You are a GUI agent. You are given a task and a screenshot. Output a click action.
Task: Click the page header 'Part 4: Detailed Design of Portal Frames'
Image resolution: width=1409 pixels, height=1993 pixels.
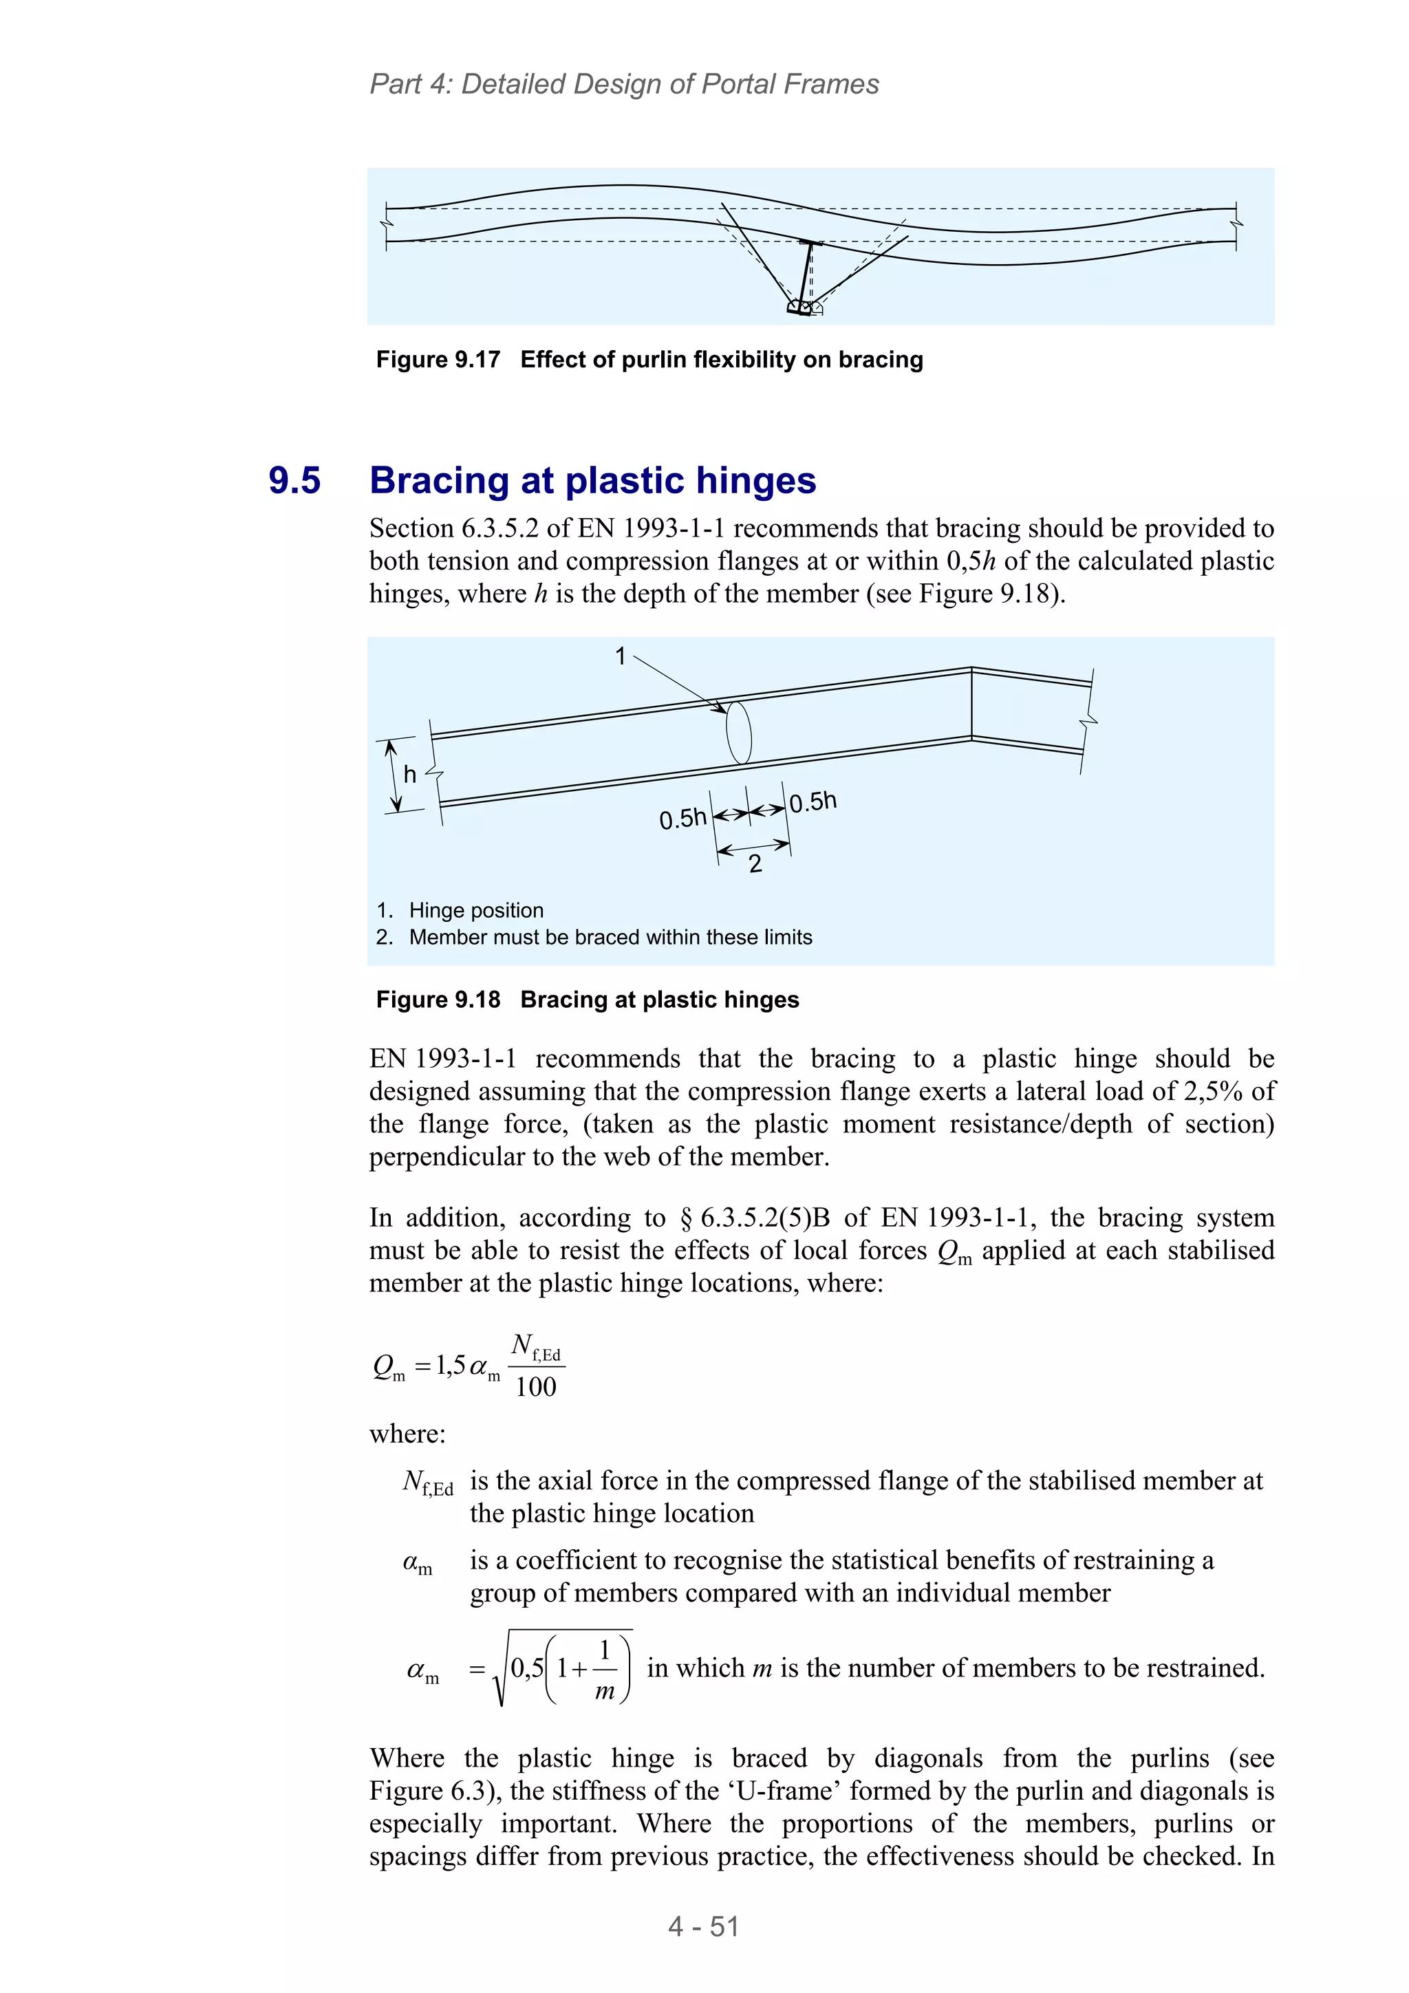click(x=623, y=84)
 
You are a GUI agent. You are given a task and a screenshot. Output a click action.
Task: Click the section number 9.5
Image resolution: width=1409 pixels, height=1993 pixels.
click(x=294, y=480)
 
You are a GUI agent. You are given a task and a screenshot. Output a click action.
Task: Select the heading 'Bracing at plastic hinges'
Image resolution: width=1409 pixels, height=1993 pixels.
click(x=592, y=480)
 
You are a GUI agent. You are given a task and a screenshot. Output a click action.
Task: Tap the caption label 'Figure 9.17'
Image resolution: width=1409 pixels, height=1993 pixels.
click(x=438, y=359)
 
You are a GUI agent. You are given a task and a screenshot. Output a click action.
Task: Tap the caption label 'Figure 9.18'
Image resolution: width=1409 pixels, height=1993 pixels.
click(x=438, y=999)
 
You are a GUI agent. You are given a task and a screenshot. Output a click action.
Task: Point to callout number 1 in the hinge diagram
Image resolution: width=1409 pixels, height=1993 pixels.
click(x=620, y=656)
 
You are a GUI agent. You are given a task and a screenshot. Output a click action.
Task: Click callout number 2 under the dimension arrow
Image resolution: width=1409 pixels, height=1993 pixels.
click(x=755, y=863)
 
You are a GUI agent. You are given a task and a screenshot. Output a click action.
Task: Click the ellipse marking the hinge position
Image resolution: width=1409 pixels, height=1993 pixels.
click(x=738, y=732)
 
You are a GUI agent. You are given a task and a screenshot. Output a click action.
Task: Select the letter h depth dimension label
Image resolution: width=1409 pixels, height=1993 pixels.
click(x=410, y=774)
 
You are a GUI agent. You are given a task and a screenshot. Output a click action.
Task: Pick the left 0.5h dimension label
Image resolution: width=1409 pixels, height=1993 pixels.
click(x=682, y=819)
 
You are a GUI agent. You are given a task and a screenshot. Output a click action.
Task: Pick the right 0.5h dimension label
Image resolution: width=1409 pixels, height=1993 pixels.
click(x=813, y=801)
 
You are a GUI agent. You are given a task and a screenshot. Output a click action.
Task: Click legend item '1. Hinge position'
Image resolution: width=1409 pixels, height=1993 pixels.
click(x=460, y=909)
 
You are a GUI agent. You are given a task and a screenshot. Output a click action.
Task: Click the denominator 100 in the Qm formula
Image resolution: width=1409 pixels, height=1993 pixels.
click(x=536, y=1387)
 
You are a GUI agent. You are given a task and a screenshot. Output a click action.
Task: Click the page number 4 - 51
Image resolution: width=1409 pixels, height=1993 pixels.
click(x=703, y=1926)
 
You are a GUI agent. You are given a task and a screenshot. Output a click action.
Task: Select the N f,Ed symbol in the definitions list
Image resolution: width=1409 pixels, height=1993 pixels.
click(x=427, y=1482)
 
